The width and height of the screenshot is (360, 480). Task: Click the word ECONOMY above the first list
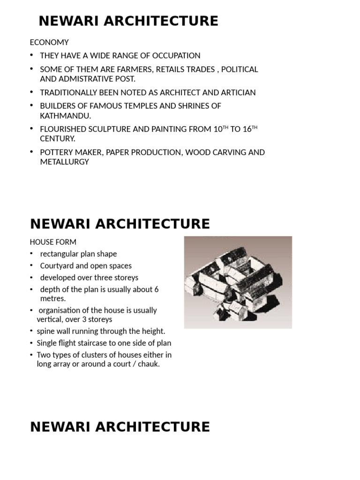coord(49,42)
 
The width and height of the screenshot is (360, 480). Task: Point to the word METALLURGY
coord(64,162)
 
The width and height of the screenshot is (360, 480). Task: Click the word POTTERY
coord(55,152)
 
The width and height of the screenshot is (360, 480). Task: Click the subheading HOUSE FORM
coord(53,242)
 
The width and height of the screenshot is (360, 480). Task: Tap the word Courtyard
coord(59,266)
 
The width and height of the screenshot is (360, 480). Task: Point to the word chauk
coord(148,364)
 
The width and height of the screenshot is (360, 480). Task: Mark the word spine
coord(46,331)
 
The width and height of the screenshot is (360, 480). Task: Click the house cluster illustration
coord(238,282)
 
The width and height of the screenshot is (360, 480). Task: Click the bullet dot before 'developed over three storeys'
coord(31,277)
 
